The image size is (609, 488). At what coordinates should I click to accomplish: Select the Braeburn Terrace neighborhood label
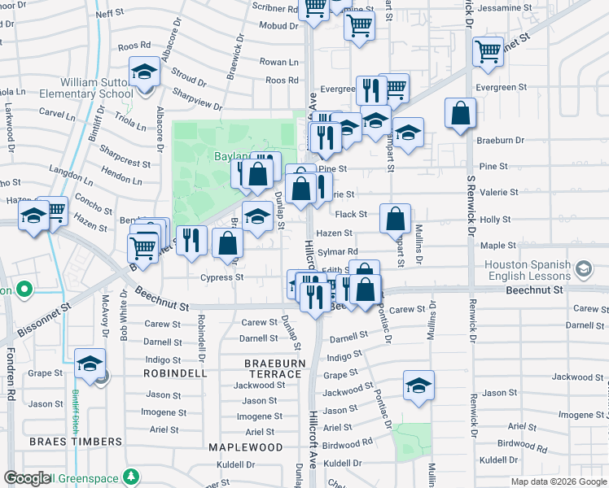pyautogui.click(x=279, y=367)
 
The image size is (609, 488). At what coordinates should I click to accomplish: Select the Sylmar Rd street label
pyautogui.click(x=338, y=252)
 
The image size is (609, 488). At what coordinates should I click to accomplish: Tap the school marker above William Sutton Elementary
pyautogui.click(x=144, y=72)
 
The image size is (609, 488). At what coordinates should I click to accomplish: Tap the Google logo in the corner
pyautogui.click(x=27, y=479)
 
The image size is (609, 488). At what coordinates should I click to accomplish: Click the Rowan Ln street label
pyautogui.click(x=278, y=62)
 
